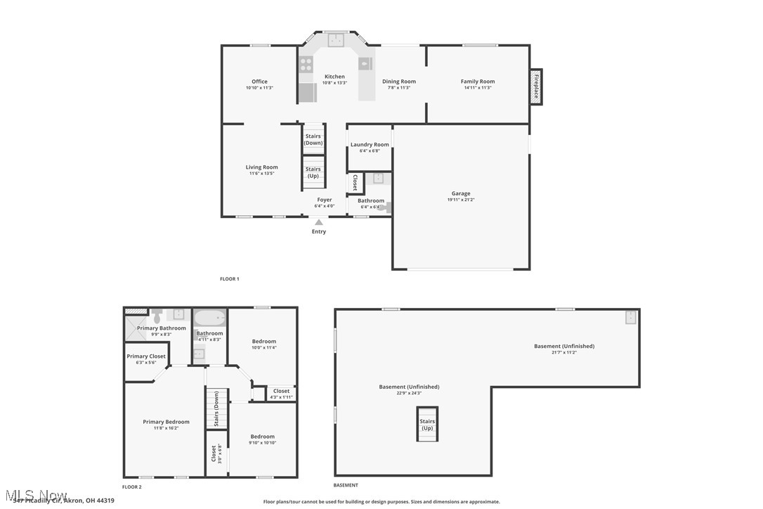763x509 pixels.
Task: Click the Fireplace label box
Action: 537,86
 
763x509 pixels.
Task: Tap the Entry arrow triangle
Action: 319,222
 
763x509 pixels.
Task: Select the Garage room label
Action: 461,193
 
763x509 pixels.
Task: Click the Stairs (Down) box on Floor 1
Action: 313,139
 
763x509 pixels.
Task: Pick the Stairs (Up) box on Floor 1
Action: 313,172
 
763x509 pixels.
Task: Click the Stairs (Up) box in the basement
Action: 427,425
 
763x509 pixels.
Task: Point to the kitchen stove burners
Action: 306,65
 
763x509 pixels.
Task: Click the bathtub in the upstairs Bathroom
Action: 209,318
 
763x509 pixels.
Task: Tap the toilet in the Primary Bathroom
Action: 157,313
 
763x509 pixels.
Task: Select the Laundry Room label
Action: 370,145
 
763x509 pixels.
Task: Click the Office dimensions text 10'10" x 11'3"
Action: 259,88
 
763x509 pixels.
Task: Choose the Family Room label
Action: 478,82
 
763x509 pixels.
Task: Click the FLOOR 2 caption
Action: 132,487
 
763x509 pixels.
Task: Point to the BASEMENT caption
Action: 346,485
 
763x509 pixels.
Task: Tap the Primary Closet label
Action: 146,356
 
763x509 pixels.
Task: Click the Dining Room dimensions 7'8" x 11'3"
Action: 399,88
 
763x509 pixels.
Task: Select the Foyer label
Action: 324,200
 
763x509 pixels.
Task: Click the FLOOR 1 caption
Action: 230,279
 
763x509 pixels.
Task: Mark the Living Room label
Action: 261,167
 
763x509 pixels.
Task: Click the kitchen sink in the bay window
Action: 336,39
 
